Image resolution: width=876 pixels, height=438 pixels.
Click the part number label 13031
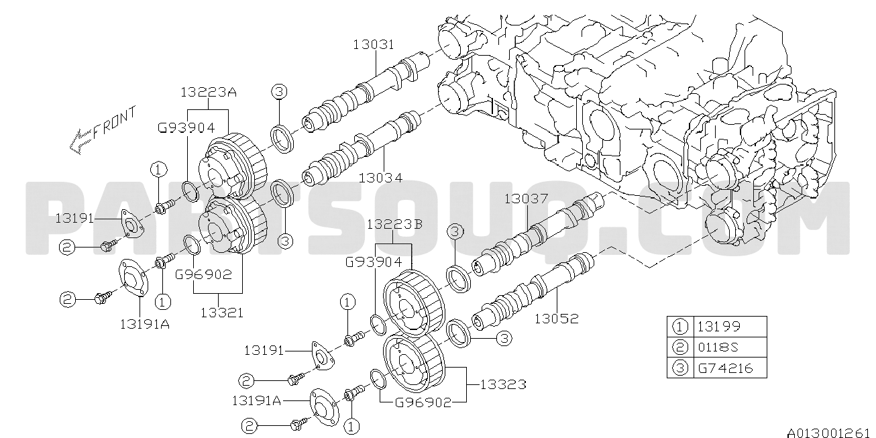(374, 44)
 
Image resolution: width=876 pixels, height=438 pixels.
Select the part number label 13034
(380, 178)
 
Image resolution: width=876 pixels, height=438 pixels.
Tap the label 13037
(526, 199)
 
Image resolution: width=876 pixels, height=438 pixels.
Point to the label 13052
(556, 319)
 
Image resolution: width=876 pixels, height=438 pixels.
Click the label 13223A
(209, 93)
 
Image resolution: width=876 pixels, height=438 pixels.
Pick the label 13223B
(394, 225)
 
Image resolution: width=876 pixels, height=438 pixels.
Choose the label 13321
(222, 313)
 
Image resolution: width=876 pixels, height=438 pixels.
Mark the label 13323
(503, 384)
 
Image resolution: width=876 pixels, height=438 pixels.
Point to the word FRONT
(114, 123)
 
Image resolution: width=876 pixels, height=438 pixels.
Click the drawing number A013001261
(832, 433)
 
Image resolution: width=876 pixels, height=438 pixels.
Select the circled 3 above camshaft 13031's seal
(279, 92)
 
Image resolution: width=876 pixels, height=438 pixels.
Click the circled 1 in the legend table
(679, 327)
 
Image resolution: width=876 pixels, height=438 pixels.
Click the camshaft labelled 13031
(366, 93)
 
